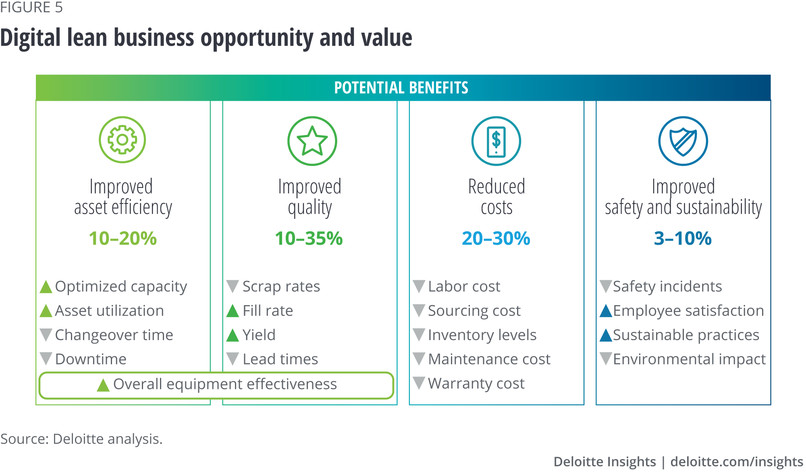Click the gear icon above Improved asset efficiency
pos(123,140)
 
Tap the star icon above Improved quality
pos(312,141)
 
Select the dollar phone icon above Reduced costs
pos(496,141)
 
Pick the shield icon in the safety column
pos(683,141)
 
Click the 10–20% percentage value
pos(123,238)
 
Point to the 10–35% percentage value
pos(309,238)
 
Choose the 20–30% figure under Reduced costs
pos(496,238)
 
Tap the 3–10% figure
pos(683,238)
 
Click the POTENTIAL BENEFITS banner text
pos(401,87)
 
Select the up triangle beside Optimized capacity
pos(46,287)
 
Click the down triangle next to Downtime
pos(46,358)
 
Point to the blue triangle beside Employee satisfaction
pos(606,311)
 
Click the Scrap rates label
pos(281,287)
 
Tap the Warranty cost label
pos(476,383)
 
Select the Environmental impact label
pos(689,359)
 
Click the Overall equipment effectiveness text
pos(225,384)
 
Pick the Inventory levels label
pos(482,335)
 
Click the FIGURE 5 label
pos(31,7)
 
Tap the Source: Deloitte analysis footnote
pos(81,439)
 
